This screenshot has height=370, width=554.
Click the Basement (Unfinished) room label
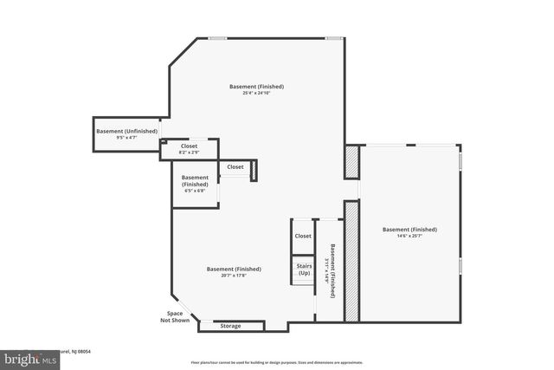coord(126,131)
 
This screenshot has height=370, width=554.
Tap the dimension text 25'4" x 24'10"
coord(256,94)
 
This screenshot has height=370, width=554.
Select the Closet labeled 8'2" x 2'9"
coord(189,153)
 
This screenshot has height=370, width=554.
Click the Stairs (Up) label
coord(304,269)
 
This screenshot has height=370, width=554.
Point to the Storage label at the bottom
coord(230,326)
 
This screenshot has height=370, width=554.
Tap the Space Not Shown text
coord(175,316)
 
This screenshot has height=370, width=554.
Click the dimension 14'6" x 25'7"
coord(409,236)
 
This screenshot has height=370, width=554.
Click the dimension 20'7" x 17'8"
coord(234,276)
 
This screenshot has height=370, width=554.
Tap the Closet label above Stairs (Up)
coord(303,236)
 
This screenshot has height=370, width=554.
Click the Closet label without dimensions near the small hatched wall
coord(235,166)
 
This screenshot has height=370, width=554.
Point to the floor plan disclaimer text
coord(276,362)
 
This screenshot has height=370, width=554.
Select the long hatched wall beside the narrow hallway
coord(351,261)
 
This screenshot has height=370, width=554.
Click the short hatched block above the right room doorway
coord(351,161)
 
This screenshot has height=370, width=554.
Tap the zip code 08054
coord(82,352)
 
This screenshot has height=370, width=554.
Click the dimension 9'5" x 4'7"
coord(126,138)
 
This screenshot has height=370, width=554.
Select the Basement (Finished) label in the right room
coord(409,229)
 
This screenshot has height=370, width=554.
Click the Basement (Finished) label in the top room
coord(256,87)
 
